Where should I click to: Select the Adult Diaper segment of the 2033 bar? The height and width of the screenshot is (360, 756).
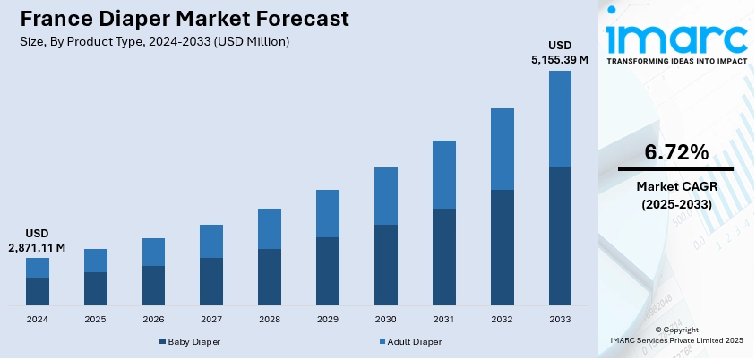pos(560,119)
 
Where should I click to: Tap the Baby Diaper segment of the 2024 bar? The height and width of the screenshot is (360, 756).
pos(38,291)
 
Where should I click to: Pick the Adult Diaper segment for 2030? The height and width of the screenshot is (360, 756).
pos(385,196)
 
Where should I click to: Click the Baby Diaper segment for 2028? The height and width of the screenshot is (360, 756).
pos(270,277)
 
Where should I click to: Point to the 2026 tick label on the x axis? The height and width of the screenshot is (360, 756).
pos(153,319)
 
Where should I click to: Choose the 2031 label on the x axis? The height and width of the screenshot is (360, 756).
pos(443,319)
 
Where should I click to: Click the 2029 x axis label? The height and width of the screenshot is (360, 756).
pos(328,319)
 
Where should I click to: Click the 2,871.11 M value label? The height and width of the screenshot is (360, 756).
pos(38,246)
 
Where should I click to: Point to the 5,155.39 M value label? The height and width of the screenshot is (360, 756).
pos(560,59)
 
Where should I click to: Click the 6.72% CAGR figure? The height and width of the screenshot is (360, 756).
pos(676,151)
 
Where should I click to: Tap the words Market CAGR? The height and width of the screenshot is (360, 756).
pos(676,186)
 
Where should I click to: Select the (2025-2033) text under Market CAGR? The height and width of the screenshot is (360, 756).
pos(676,204)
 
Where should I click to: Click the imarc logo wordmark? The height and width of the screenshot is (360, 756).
pos(676,39)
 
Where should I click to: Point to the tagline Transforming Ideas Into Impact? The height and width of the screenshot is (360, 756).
pos(676,62)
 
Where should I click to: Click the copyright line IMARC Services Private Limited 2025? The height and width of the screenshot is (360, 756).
pos(676,340)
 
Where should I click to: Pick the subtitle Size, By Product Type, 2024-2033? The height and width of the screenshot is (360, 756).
pos(154,42)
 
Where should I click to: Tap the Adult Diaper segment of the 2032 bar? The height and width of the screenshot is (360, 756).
pos(502,149)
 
